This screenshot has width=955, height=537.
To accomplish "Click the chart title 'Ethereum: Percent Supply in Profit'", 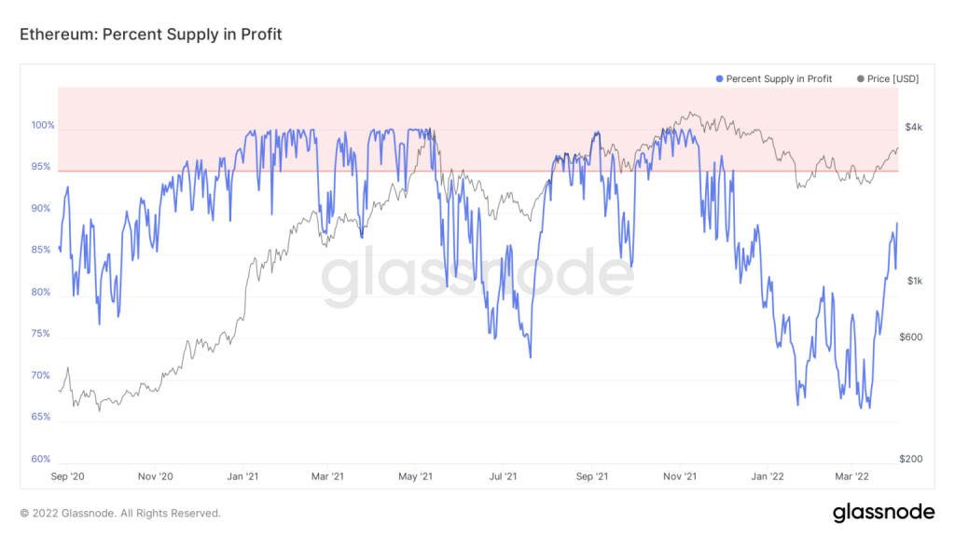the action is (x=150, y=34).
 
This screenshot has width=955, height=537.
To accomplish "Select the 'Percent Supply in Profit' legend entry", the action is (x=773, y=78).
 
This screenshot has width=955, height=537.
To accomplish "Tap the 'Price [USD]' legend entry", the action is (x=888, y=78).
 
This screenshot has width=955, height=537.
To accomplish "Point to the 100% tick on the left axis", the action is (x=43, y=126).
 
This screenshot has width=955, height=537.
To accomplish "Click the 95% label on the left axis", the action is (x=41, y=166).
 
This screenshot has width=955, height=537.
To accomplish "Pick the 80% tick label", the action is (x=41, y=292).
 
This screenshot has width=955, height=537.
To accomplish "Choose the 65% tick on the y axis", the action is (x=41, y=417).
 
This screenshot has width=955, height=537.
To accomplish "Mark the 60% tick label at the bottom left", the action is (x=41, y=459).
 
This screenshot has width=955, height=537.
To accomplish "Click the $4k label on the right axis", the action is (x=914, y=127).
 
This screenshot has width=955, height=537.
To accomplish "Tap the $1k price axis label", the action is (x=914, y=281).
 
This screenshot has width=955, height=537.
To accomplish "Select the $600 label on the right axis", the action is (x=911, y=337).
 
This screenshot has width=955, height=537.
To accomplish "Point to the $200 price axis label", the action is (x=911, y=459).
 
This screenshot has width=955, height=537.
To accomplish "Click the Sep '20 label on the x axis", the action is (x=67, y=476).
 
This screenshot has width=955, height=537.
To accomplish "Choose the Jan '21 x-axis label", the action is (x=242, y=476).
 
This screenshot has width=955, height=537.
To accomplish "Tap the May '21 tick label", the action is (x=415, y=476).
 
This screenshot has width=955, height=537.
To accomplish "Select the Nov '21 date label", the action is (x=680, y=476).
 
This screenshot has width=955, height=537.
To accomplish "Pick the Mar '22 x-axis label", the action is (x=852, y=476).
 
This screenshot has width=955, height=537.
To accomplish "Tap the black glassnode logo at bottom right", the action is (x=884, y=512).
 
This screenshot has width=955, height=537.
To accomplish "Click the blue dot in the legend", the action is (x=719, y=79).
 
